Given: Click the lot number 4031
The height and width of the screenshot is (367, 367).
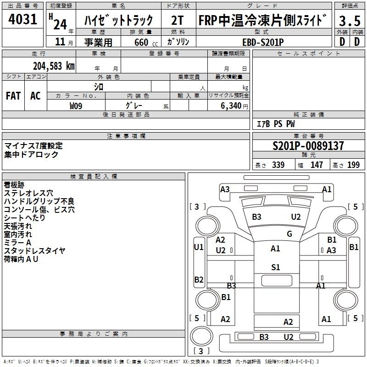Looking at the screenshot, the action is pyautogui.click(x=22, y=19).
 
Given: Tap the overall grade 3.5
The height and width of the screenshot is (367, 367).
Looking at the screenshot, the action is pyautogui.click(x=350, y=21).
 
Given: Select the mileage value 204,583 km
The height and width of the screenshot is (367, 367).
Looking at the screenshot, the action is pyautogui.click(x=54, y=66).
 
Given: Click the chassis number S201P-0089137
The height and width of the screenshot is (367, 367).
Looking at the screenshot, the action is pyautogui.click(x=308, y=146).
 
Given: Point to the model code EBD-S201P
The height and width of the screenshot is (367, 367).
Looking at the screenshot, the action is pyautogui.click(x=263, y=42).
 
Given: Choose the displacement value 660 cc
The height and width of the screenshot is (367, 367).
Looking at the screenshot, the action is pyautogui.click(x=146, y=42).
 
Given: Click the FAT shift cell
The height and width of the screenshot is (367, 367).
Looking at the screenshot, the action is pyautogui.click(x=13, y=96).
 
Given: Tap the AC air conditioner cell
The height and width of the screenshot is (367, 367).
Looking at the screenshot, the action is pyautogui.click(x=35, y=96).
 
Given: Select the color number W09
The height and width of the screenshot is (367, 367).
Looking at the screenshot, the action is pyautogui.click(x=76, y=106).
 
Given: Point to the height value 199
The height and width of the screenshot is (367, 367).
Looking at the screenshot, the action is pyautogui.click(x=353, y=165).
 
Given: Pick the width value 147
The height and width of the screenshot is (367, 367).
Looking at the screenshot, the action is pyautogui.click(x=317, y=165).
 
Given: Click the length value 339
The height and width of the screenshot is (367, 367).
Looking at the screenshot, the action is pyautogui.click(x=278, y=165).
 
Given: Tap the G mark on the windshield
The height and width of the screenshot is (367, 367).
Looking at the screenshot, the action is pyautogui.click(x=289, y=234).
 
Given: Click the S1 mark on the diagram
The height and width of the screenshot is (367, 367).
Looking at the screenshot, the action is pyautogui.click(x=276, y=267).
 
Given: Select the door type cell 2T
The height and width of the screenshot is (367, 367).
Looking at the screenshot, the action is pyautogui.click(x=178, y=20).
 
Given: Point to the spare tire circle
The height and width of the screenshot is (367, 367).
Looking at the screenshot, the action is pyautogui.click(x=201, y=336).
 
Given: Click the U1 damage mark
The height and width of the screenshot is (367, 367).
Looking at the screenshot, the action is pyautogui.click(x=199, y=247).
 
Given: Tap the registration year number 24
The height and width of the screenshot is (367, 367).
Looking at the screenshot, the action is pyautogui.click(x=60, y=24).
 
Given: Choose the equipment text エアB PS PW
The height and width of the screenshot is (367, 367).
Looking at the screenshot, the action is pyautogui.click(x=276, y=124).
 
